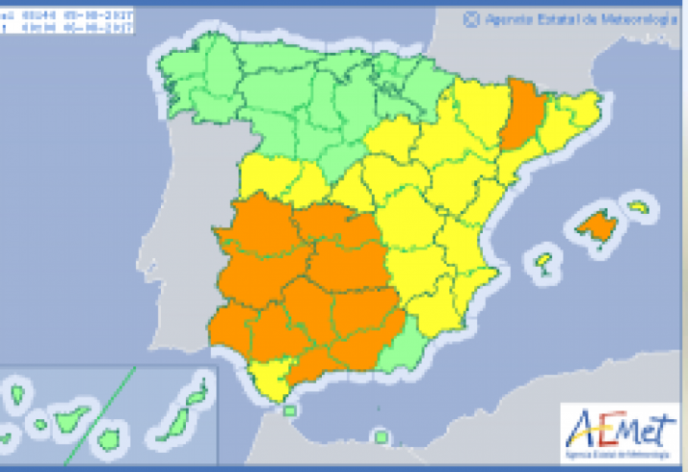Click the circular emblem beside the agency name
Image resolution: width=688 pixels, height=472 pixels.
[471, 17]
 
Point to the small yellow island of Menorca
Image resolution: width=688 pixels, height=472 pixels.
[639, 206]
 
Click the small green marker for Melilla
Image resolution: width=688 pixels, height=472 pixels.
[383, 437]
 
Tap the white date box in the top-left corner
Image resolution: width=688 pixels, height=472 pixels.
[67, 20]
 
